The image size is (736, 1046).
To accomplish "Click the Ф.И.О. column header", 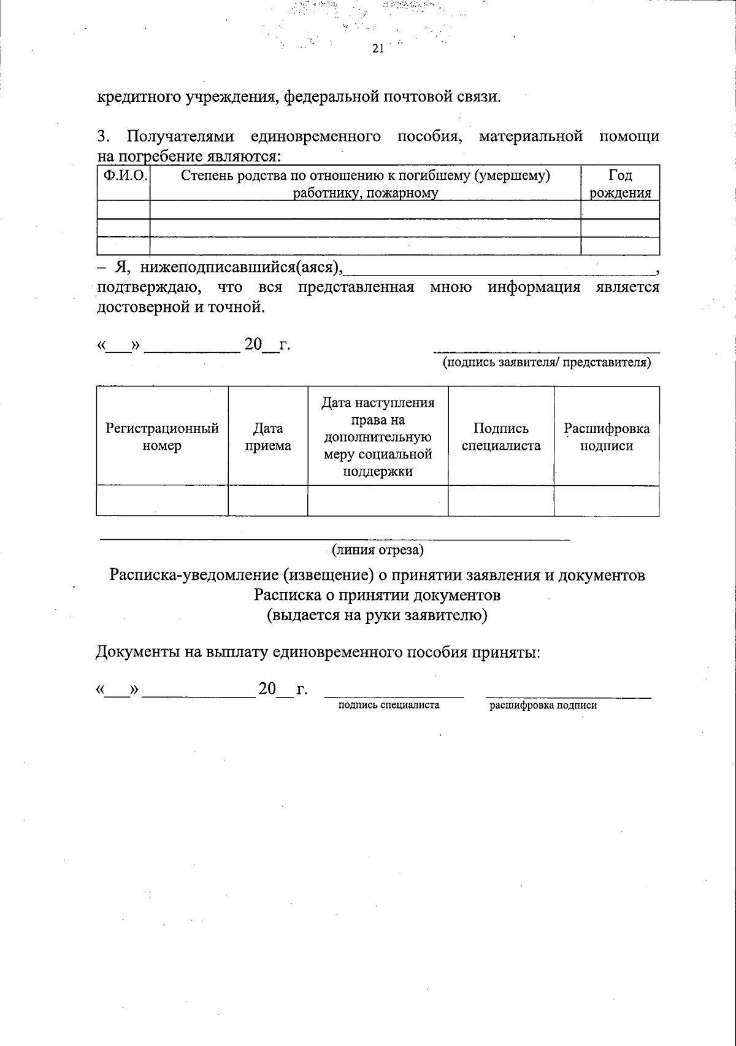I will click(124, 176).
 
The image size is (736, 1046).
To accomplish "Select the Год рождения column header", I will click(620, 184).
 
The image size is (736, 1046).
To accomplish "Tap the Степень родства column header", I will click(366, 184).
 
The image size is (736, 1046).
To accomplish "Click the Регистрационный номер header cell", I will click(162, 436).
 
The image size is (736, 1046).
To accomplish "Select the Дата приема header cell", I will click(267, 436).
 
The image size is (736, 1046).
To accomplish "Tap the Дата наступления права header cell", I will click(378, 436).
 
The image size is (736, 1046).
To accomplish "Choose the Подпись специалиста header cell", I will click(501, 436).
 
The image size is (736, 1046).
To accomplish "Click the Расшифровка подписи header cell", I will click(607, 436).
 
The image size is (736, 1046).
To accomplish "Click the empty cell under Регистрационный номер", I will click(162, 501).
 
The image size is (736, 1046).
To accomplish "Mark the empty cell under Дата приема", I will click(267, 501).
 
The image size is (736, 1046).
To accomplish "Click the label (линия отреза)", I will click(378, 550).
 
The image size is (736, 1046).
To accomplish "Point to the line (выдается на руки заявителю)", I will click(377, 615).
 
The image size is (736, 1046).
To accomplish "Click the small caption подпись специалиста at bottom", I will click(389, 705).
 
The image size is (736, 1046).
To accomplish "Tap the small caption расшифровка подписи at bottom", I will click(543, 706).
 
